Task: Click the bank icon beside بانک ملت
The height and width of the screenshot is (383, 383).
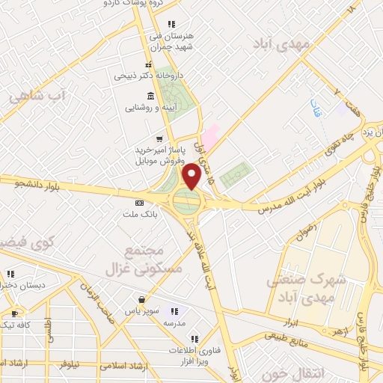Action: pyautogui.click(x=139, y=203)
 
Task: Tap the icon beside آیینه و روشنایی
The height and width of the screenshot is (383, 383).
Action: pyautogui.click(x=150, y=96)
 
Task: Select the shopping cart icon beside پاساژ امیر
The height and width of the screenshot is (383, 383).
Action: pyautogui.click(x=158, y=138)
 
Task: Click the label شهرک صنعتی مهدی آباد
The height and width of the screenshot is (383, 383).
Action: pyautogui.click(x=307, y=286)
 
